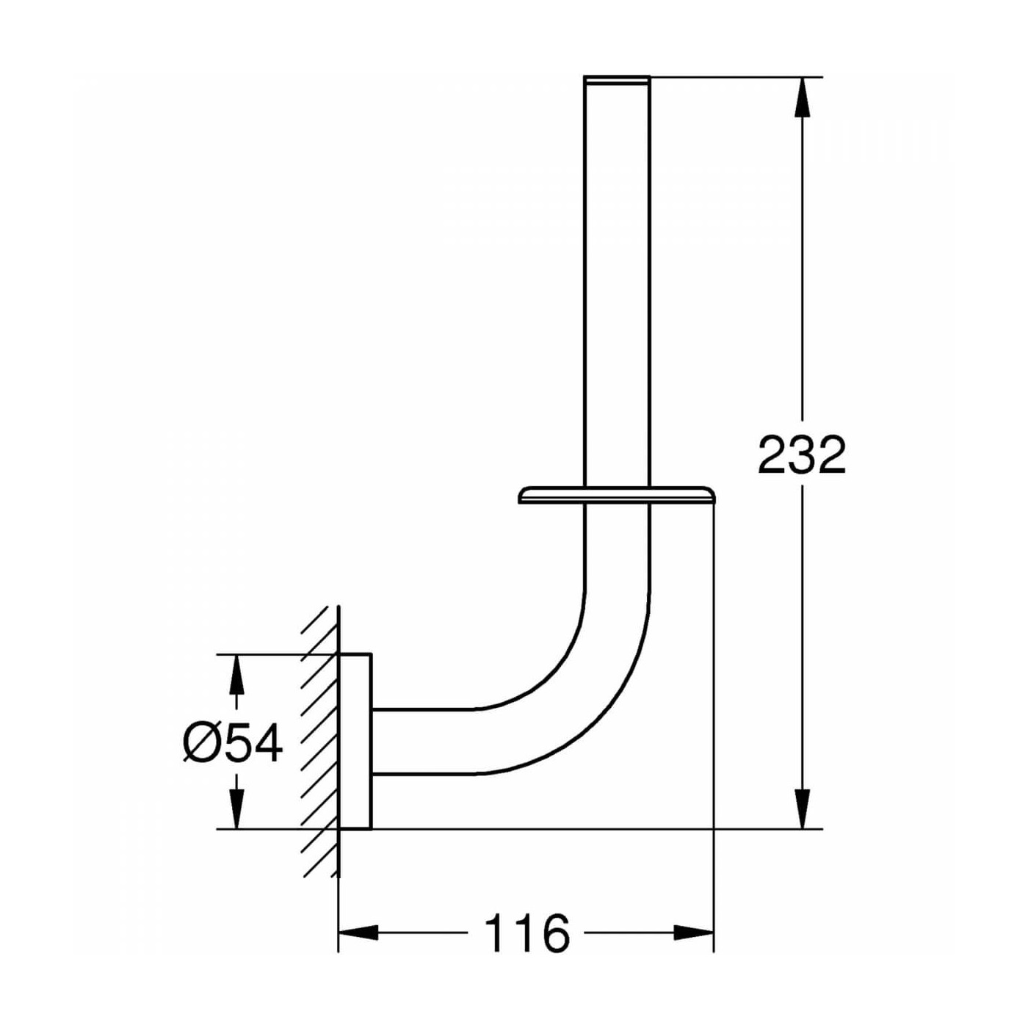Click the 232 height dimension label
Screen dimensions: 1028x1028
coord(802,455)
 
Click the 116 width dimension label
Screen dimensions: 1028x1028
coord(526,933)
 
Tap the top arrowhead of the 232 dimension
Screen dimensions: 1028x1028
coord(803,95)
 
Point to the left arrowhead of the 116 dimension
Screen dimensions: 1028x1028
coord(358,933)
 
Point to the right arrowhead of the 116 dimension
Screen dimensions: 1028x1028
coord(694,933)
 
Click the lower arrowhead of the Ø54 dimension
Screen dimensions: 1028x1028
coord(236,809)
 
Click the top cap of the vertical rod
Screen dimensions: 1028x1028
coord(617,78)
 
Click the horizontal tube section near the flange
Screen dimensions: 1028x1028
coord(419,742)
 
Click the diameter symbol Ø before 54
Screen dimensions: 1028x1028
coord(199,743)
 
